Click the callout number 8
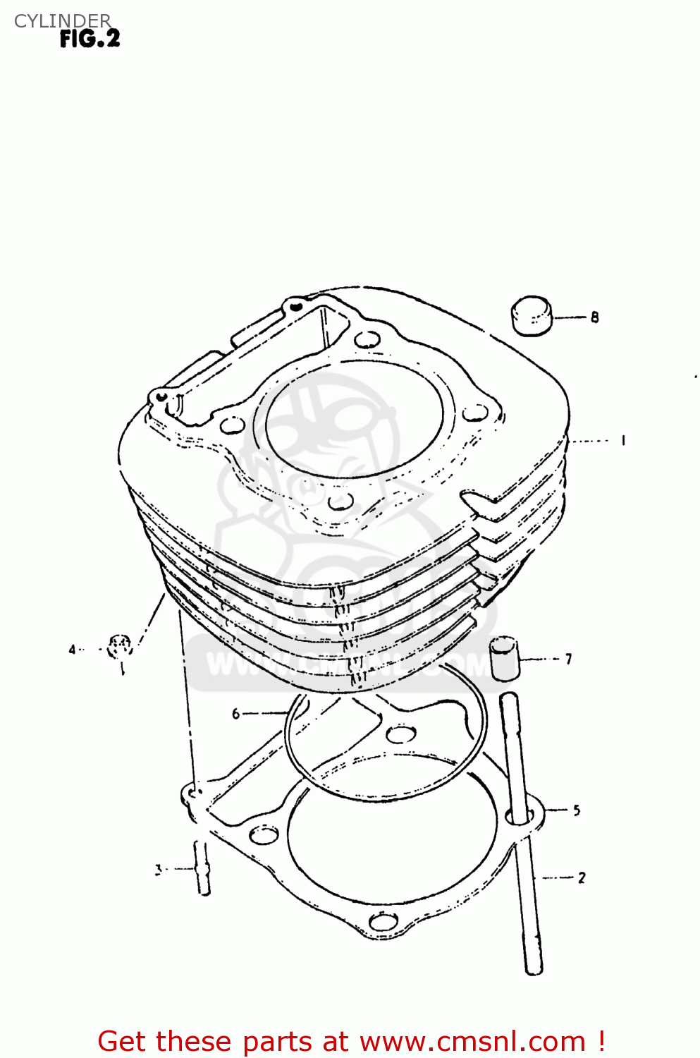tap(595, 317)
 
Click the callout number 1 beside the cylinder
tap(623, 441)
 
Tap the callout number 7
tap(568, 659)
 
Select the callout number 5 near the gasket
tap(577, 810)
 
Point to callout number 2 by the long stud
tap(582, 877)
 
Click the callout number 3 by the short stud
tap(159, 870)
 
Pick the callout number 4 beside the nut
tap(72, 649)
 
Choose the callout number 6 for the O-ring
tap(236, 714)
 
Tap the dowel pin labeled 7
tap(503, 658)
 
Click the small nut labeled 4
tap(120, 645)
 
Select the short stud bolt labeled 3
tap(202, 869)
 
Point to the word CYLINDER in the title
tap(63, 21)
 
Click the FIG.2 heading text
tap(90, 39)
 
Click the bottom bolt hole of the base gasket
tap(383, 922)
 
